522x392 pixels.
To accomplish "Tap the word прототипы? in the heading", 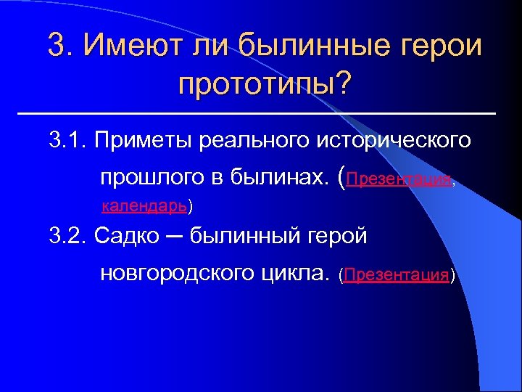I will pyautogui.click(x=263, y=84).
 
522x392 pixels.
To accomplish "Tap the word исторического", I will pyautogui.click(x=394, y=139).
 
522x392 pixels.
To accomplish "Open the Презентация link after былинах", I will pyautogui.click(x=399, y=179).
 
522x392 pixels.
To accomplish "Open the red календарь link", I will pyautogui.click(x=145, y=206).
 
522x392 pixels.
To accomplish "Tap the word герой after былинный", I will pyautogui.click(x=339, y=235).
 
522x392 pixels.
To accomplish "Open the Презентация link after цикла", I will pyautogui.click(x=396, y=275).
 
